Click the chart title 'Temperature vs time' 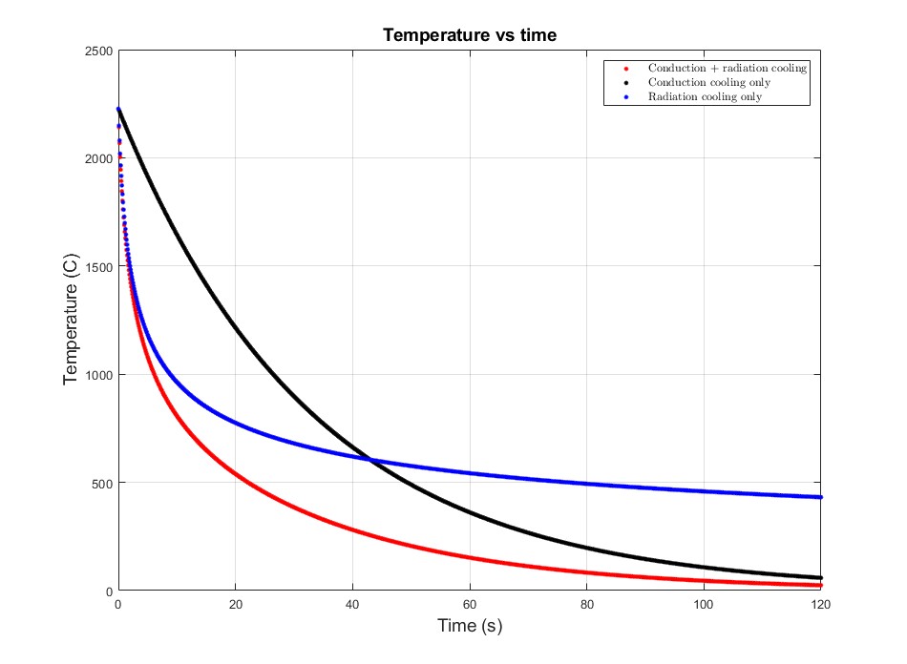pos(469,35)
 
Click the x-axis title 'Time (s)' pos(469,626)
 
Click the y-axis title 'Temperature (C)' pos(70,321)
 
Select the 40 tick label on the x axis pos(352,605)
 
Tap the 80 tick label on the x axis pos(586,605)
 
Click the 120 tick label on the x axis pos(820,605)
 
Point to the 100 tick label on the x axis pos(704,605)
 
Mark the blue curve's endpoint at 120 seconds pos(820,497)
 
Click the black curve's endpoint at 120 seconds pos(820,577)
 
